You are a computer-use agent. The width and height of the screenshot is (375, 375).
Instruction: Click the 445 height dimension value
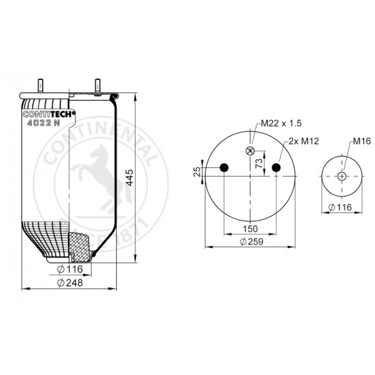129,178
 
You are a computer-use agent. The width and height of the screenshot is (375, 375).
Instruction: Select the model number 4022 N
44,123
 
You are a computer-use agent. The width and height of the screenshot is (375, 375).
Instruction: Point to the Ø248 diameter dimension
70,283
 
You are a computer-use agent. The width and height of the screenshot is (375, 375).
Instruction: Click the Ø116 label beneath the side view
70,269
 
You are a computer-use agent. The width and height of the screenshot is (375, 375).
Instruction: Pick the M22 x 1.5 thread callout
281,123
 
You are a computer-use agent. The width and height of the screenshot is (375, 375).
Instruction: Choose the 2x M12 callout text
304,141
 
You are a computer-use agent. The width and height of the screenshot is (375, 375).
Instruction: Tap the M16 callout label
362,141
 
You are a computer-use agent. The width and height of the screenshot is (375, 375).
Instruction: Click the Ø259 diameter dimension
251,241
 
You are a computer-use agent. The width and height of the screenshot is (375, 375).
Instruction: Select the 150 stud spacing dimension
250,229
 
